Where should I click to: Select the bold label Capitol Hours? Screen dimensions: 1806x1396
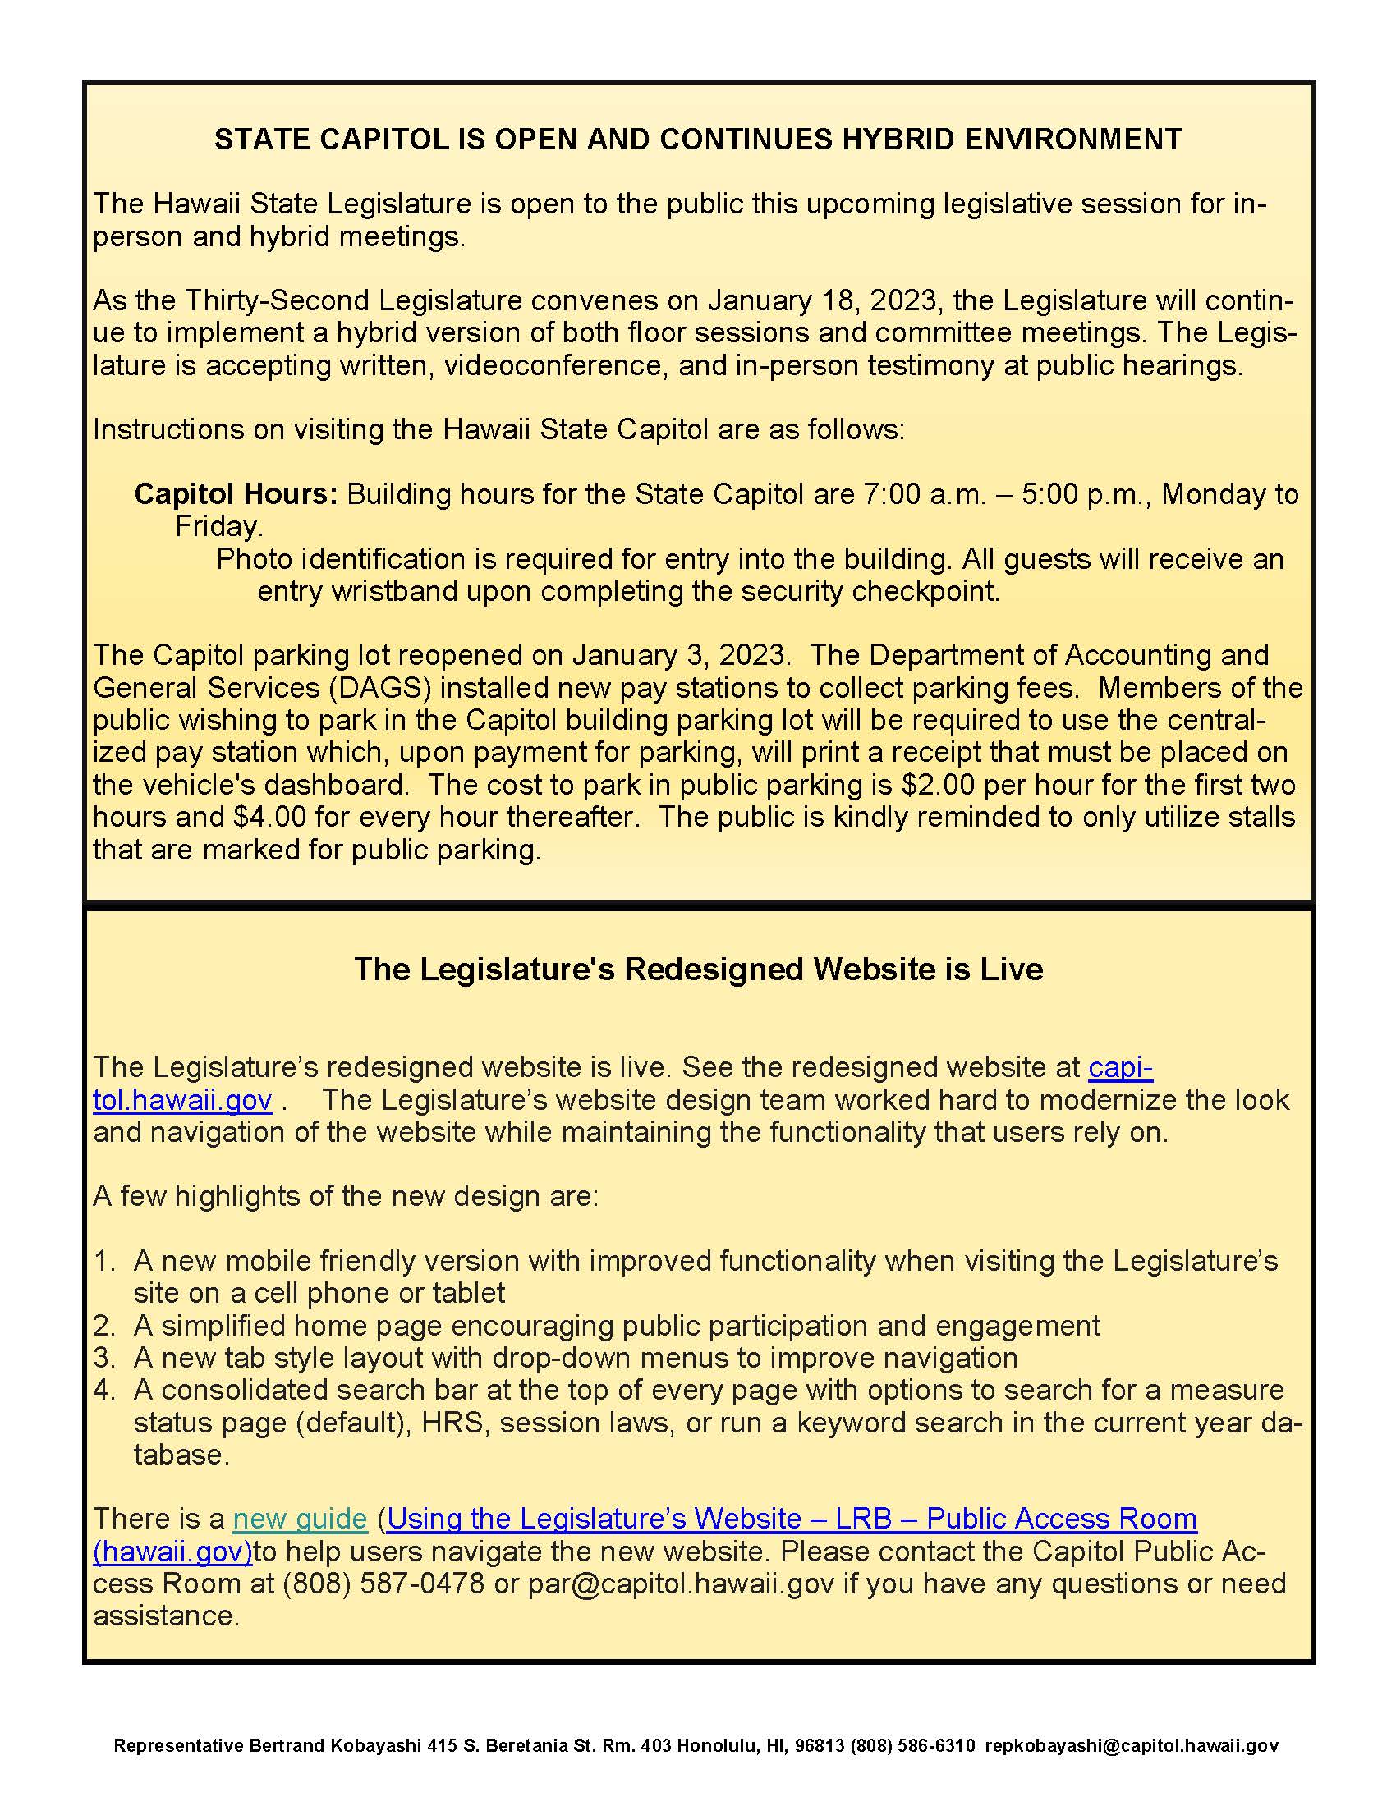tap(236, 493)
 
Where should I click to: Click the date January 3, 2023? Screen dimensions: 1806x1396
tap(678, 655)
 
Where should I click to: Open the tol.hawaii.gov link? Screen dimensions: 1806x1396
tap(182, 1100)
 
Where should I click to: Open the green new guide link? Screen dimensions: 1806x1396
tap(300, 1518)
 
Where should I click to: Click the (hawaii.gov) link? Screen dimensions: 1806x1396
tap(172, 1552)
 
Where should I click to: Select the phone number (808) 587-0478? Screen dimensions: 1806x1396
tap(383, 1584)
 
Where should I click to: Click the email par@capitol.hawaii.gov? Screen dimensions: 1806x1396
tap(681, 1584)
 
